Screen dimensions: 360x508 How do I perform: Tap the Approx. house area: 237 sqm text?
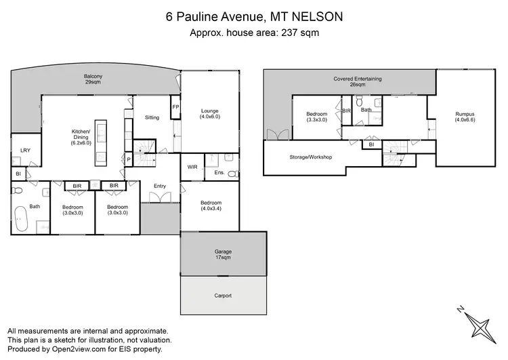click(x=253, y=32)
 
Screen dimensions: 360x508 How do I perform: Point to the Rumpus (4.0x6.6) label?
click(x=465, y=117)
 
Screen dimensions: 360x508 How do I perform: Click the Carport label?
click(x=223, y=296)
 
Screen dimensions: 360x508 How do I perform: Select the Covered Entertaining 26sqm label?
click(x=358, y=81)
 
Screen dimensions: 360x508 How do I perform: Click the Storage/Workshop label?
click(x=310, y=157)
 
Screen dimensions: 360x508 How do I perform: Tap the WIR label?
click(x=192, y=166)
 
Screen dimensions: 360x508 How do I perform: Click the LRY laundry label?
click(x=25, y=151)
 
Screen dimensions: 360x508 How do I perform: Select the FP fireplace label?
click(x=175, y=108)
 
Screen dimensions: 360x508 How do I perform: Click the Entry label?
click(x=160, y=186)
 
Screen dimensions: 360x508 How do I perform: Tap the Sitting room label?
click(x=152, y=117)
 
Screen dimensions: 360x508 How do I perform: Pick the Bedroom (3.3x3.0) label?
click(x=316, y=117)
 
